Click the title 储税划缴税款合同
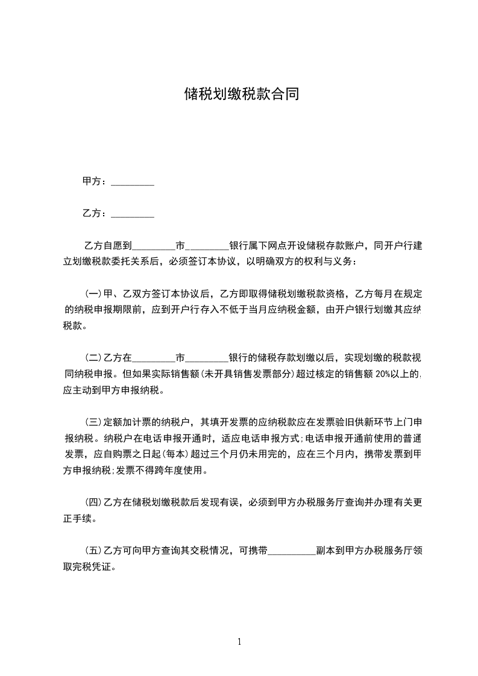(241, 95)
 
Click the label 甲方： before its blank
(95, 181)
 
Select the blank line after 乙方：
(133, 214)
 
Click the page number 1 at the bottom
(239, 642)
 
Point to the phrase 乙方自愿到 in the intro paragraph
(107, 246)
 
